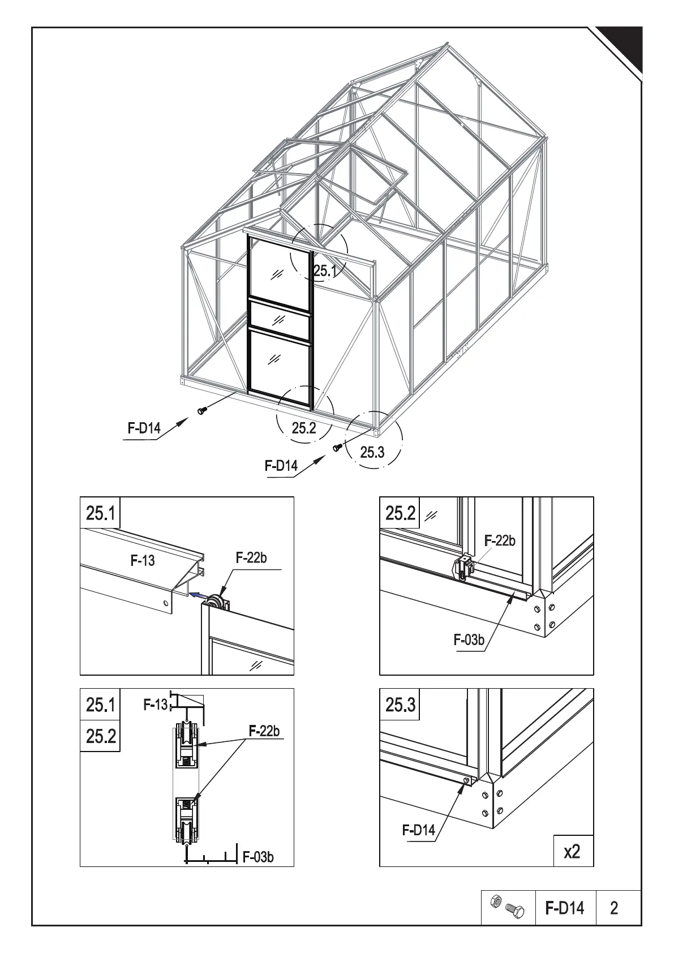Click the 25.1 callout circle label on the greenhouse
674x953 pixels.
325,271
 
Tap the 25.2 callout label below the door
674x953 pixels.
304,428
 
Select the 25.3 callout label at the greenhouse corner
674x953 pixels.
372,452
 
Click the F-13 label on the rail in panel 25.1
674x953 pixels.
143,561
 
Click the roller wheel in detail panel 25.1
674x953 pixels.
215,603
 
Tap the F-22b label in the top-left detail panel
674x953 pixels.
251,558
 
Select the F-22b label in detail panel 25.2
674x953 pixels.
500,541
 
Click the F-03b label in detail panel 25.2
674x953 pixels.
469,640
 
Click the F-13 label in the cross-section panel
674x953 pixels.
155,705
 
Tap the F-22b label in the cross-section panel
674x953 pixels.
264,731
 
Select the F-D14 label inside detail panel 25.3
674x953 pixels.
419,830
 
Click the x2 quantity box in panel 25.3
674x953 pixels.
572,851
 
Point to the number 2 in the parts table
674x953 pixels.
614,908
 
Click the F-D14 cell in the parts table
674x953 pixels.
565,908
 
